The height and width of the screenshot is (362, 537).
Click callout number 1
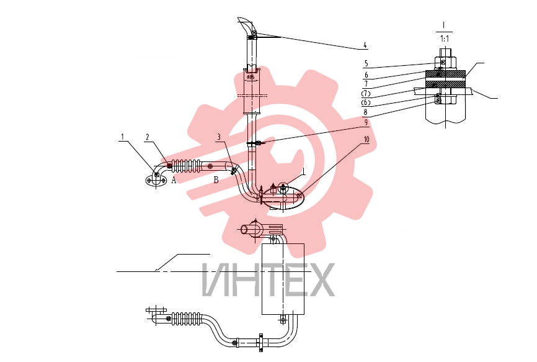pyautogui.click(x=122, y=137)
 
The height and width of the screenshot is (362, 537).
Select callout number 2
pyautogui.click(x=148, y=137)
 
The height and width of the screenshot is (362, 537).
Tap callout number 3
pyautogui.click(x=219, y=137)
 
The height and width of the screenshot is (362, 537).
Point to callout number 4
pyautogui.click(x=365, y=45)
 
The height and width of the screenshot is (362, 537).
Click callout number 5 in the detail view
pyautogui.click(x=366, y=63)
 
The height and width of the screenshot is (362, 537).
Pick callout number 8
pyautogui.click(x=365, y=112)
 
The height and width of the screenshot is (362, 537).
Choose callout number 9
pyautogui.click(x=366, y=122)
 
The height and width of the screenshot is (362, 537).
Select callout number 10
pyautogui.click(x=366, y=140)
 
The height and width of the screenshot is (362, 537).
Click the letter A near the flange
pyautogui.click(x=174, y=180)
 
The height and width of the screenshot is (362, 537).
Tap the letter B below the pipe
pyautogui.click(x=216, y=179)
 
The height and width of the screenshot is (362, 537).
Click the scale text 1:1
pyautogui.click(x=444, y=38)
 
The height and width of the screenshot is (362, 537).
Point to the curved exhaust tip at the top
pyautogui.click(x=247, y=24)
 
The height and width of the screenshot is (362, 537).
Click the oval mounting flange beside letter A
pyautogui.click(x=156, y=181)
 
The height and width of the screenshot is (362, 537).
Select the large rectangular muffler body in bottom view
pyautogui.click(x=283, y=279)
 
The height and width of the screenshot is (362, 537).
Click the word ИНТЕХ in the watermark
pyautogui.click(x=268, y=280)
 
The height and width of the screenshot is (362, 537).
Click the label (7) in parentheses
pyautogui.click(x=366, y=93)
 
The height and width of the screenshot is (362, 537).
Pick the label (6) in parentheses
pyautogui.click(x=366, y=102)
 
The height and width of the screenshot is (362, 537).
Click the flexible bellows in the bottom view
pyautogui.click(x=185, y=319)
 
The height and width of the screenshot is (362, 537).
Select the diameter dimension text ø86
pyautogui.click(x=251, y=78)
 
